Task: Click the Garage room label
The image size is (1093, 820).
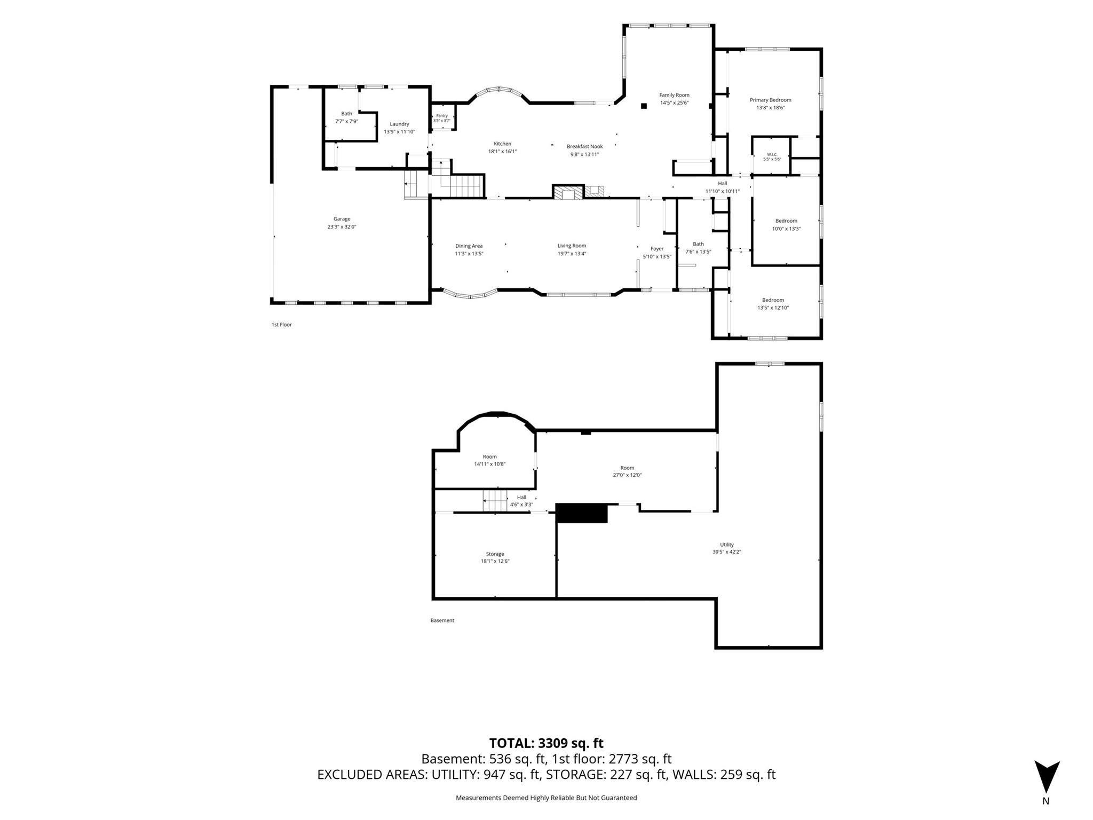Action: tap(342, 219)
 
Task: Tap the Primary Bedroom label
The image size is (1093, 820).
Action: tap(770, 100)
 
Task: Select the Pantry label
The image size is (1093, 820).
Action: tap(442, 115)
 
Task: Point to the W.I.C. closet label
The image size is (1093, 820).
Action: tap(772, 154)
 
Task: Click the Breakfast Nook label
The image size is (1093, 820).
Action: tap(584, 146)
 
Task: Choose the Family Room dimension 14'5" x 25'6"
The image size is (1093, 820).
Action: tap(675, 103)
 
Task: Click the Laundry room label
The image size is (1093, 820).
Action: tap(399, 124)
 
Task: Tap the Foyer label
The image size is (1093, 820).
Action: tap(657, 249)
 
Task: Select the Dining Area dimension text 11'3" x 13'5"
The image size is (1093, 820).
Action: tap(469, 254)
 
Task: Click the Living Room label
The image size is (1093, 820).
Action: tap(572, 246)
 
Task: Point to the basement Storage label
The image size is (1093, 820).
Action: tap(495, 554)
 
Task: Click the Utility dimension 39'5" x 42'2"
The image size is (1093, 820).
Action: tap(727, 552)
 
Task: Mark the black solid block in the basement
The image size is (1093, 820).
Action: tap(582, 513)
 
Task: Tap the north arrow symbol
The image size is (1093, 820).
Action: tap(1047, 777)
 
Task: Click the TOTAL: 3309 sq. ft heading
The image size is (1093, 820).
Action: tap(546, 743)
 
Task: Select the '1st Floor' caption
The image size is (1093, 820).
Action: tap(282, 325)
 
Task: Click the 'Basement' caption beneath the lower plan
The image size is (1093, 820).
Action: tap(442, 620)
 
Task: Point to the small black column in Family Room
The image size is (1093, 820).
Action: tap(644, 106)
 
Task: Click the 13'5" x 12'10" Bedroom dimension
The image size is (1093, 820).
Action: tap(773, 307)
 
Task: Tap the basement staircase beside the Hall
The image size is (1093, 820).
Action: tap(495, 501)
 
